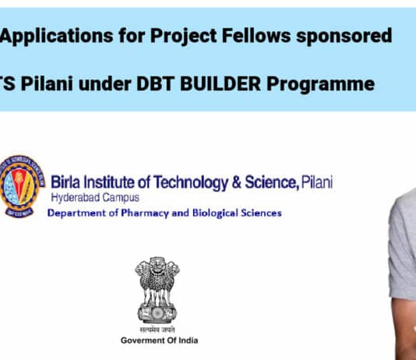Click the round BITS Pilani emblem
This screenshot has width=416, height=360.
click(22, 186)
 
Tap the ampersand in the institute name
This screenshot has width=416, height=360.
click(232, 183)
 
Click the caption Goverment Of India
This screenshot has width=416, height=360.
click(159, 341)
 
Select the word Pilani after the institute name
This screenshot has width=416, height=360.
click(317, 183)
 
